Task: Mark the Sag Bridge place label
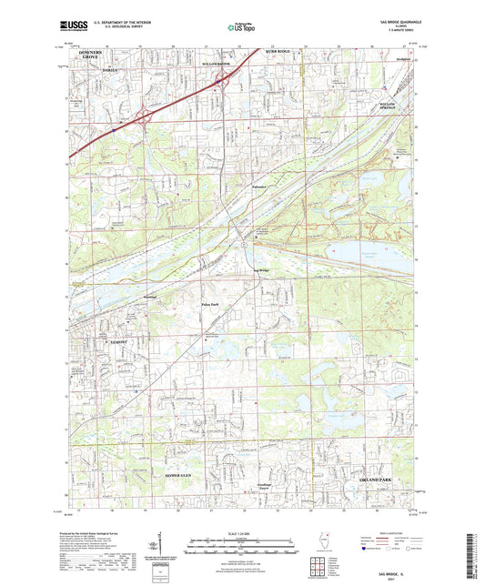[260, 270]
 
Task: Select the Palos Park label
[211, 305]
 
